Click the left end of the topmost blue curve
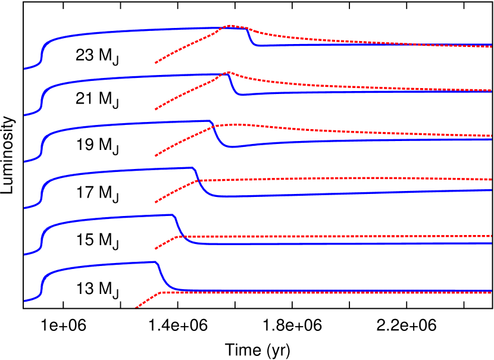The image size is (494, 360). tap(24, 68)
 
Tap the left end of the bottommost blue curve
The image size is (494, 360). tap(24, 300)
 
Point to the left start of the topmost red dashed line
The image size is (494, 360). tap(155, 62)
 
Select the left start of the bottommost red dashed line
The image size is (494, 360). tap(136, 308)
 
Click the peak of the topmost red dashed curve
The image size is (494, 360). tap(230, 26)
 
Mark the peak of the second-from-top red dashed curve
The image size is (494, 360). tap(228, 73)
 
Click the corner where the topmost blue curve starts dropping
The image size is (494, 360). tap(245, 29)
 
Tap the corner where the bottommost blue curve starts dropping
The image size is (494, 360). tap(155, 262)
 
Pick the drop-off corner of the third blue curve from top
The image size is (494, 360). tap(210, 121)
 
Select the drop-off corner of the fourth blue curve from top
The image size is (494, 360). tap(192, 168)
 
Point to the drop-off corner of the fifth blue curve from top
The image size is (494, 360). tap(172, 215)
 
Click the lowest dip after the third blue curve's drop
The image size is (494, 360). tap(233, 147)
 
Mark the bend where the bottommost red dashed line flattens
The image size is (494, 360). tap(161, 292)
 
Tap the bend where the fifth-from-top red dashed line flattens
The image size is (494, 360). tap(178, 237)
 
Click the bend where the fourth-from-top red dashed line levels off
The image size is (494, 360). tap(199, 180)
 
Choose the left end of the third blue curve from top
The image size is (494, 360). tap(24, 161)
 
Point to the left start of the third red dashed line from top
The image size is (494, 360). tap(155, 156)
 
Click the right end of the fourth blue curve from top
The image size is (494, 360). tap(492, 190)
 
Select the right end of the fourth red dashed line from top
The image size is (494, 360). tap(492, 179)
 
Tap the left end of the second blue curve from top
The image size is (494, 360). tap(24, 115)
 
